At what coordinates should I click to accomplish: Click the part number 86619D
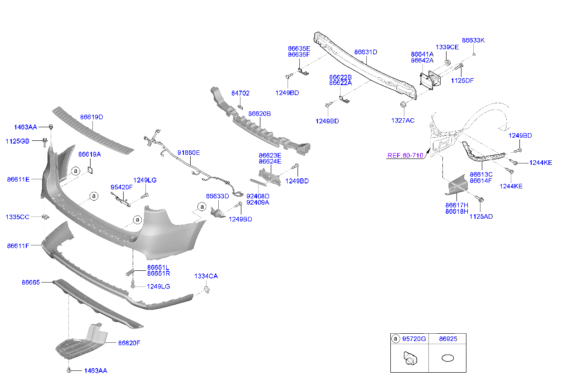(x=91, y=117)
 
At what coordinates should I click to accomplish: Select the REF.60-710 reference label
(x=405, y=155)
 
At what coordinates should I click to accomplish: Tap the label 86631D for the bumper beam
(x=365, y=52)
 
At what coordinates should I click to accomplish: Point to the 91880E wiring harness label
(x=189, y=153)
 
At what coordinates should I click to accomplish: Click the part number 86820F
(x=129, y=343)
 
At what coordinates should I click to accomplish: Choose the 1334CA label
(x=206, y=276)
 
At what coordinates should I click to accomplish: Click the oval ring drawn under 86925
(x=447, y=358)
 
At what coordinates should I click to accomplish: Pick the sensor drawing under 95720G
(x=410, y=358)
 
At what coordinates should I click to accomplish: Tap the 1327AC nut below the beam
(x=403, y=105)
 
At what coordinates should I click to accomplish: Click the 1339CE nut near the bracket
(x=447, y=62)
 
